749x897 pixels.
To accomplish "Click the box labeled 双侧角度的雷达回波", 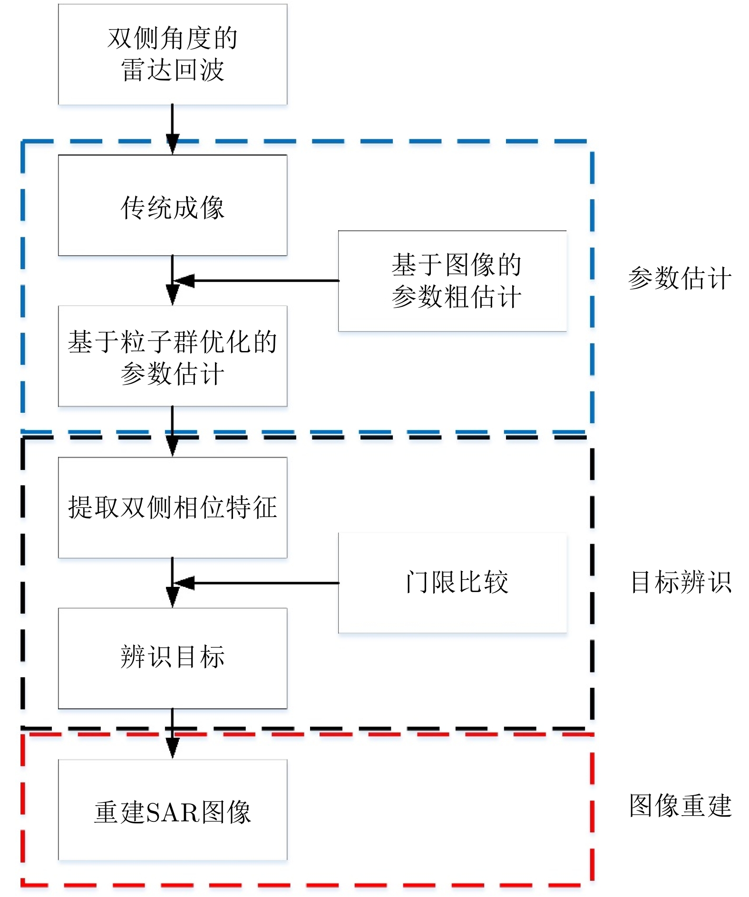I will coord(173,54).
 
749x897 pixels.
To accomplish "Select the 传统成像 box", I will coord(173,205).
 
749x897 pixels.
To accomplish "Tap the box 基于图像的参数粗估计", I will coord(452,281).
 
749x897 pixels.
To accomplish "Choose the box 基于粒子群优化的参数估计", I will coord(173,356).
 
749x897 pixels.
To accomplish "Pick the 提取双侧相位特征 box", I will coord(173,507).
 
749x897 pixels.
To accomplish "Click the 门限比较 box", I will coord(452,583).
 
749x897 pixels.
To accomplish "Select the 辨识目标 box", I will coord(173,658).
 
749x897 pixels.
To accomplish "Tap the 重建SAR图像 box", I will coord(173,810).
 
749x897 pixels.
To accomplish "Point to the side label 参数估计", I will coord(680,279).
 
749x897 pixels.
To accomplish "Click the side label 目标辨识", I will coord(681,582).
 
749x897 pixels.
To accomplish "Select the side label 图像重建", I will coord(681,806).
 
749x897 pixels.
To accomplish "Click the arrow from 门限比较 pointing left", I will coord(257,583).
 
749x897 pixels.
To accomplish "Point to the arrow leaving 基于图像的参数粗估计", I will coord(257,281).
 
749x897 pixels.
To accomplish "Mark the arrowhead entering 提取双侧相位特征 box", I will coord(173,447).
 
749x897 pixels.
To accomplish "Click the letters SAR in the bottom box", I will coord(173,812).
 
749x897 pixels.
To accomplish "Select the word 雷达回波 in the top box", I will coord(173,70).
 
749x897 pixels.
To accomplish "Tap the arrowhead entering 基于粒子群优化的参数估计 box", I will coord(173,295).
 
